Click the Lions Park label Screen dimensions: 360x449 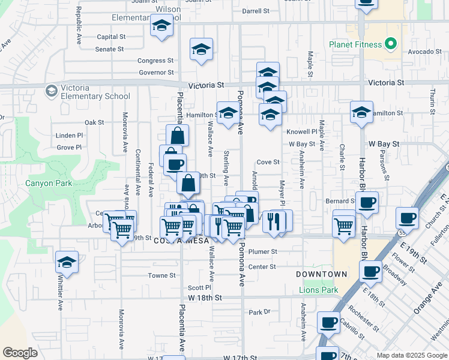pyautogui.click(x=318, y=290)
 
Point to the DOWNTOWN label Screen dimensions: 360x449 pyautogui.click(x=322, y=274)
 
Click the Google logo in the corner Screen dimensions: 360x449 pyautogui.click(x=20, y=353)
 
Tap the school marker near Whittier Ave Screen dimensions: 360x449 pyautogui.click(x=67, y=262)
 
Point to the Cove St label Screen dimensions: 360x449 pyautogui.click(x=268, y=162)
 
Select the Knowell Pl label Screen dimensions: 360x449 pyautogui.click(x=301, y=131)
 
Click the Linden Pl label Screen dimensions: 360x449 pyautogui.click(x=69, y=136)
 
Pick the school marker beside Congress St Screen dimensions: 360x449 pyautogui.click(x=201, y=50)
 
